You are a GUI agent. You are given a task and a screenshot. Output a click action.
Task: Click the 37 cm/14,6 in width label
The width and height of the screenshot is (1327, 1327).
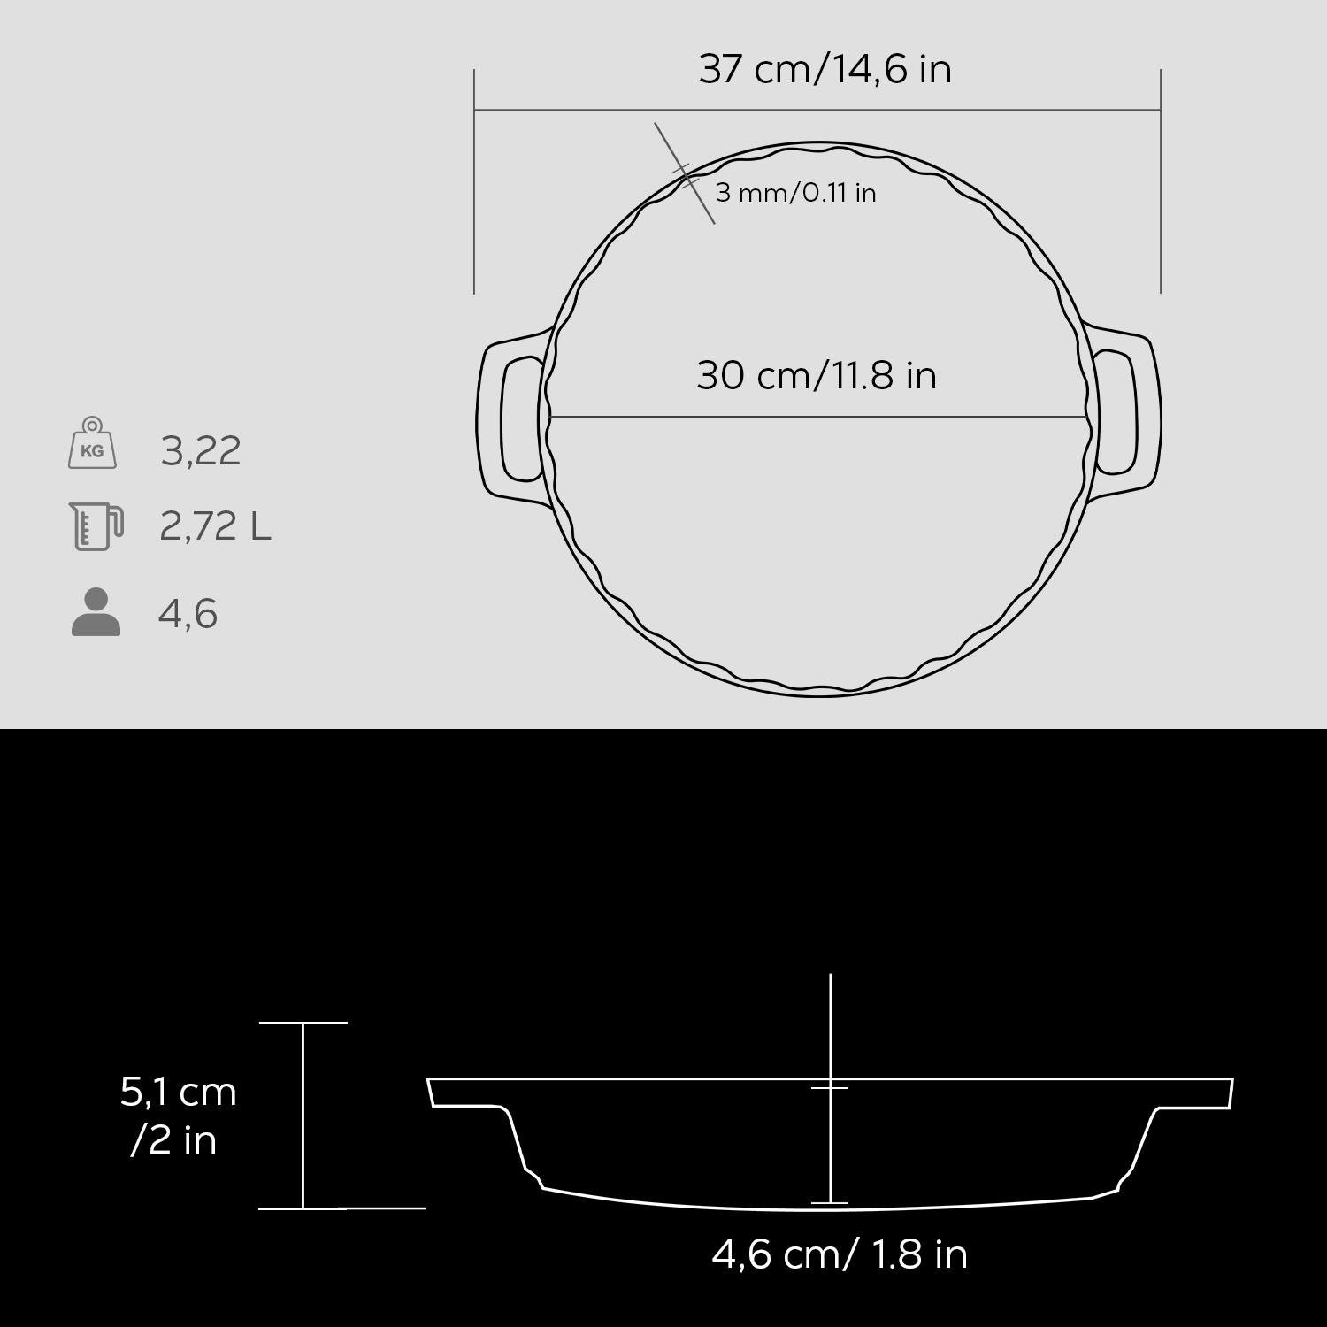tap(825, 69)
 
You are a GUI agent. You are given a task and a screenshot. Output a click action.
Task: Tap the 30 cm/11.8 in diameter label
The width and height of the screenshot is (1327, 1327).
tap(816, 375)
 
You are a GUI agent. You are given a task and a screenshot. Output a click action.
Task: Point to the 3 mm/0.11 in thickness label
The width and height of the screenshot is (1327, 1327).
tap(795, 192)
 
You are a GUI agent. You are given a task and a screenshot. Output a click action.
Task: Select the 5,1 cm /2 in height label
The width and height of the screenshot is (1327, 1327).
tap(178, 1116)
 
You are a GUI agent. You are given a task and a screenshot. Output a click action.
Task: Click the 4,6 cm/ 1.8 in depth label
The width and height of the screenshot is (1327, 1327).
tap(840, 1254)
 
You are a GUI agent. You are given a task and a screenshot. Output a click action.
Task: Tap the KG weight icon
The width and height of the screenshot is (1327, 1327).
tap(92, 443)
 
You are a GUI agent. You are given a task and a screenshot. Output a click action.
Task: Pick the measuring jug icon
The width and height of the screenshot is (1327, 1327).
tap(96, 526)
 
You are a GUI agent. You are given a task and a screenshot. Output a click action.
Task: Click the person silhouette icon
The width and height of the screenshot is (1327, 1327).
tap(96, 612)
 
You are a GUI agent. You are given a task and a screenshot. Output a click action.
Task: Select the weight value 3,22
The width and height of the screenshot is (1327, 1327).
tap(201, 451)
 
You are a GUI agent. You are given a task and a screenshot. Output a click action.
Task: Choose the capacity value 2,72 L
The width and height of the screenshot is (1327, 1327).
tap(215, 526)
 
